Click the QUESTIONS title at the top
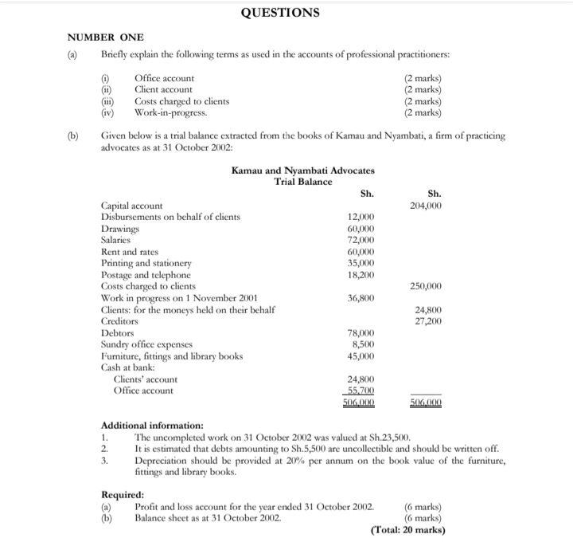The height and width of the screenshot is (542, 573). point(280,12)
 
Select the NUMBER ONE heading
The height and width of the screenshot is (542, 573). point(105,37)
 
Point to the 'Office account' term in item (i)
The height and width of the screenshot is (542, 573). point(164,78)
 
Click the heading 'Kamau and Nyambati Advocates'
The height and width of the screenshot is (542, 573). point(302,171)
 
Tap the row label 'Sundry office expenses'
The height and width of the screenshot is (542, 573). point(148,344)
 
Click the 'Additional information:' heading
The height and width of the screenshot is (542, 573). point(152,426)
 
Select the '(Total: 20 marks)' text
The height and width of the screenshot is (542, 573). point(408,529)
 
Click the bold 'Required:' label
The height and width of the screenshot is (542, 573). point(123,494)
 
